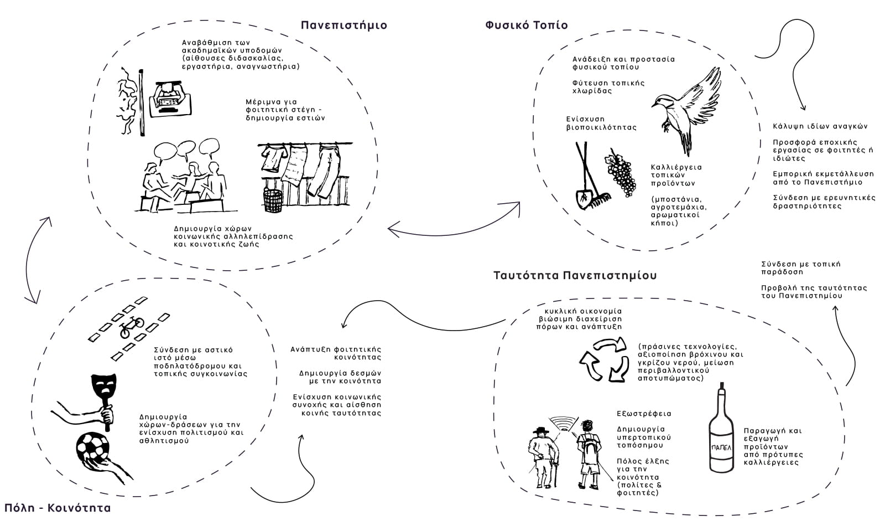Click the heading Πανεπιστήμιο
pos(343,25)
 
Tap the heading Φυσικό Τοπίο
pos(526,25)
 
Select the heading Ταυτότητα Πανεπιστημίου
pos(575,275)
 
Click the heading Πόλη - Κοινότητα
pos(58,508)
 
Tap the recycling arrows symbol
pos(603,360)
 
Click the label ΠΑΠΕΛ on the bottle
pos(721,446)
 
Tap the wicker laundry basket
pos(273,200)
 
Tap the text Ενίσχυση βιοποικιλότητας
pos(601,123)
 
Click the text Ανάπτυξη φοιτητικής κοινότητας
pos(336,353)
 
